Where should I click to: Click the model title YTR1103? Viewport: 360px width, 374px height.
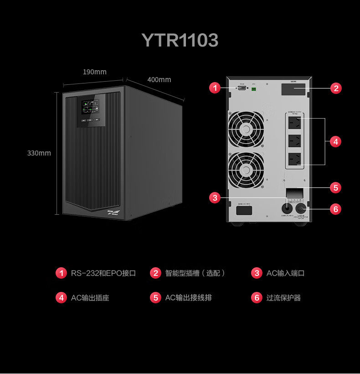pos(180,40)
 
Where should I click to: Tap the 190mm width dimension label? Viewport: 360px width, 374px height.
pos(94,72)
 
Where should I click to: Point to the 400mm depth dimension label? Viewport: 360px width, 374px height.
pos(159,80)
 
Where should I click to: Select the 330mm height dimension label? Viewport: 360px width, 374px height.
pos(39,153)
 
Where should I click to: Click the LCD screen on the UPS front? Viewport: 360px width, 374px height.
pos(89,108)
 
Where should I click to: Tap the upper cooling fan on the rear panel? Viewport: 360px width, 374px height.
pos(246,130)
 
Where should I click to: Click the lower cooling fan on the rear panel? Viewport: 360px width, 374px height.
pos(246,170)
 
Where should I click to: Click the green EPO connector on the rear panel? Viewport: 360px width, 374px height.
pos(254,88)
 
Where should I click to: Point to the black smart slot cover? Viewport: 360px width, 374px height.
pos(293,89)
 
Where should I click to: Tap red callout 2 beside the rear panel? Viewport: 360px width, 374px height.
pos(336,88)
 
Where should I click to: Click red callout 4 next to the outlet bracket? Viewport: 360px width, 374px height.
pos(336,142)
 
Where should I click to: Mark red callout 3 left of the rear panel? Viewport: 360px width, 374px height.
pos(215,197)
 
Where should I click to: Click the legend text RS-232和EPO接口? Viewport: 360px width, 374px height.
pos(103,273)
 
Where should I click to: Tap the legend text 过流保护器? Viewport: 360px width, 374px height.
pos(283,298)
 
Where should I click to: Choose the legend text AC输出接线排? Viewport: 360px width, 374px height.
pos(188,298)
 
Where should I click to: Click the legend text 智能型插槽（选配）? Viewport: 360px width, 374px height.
pos(195,273)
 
